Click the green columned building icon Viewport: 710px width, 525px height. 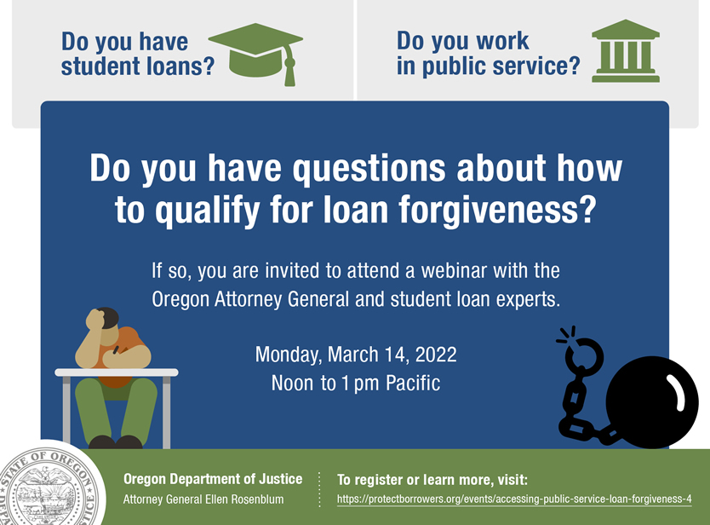point(626,51)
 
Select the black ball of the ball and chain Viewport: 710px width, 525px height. point(652,402)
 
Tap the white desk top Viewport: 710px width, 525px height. point(117,372)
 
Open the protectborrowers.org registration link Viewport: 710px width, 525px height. point(514,499)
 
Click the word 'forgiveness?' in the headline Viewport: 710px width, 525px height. point(498,210)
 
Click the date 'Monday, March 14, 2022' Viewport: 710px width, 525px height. point(356,355)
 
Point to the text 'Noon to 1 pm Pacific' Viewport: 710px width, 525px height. point(356,383)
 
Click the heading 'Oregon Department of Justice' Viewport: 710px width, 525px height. point(213,479)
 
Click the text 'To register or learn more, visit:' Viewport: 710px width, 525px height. point(432,480)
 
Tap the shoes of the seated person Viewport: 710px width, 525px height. point(116,442)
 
